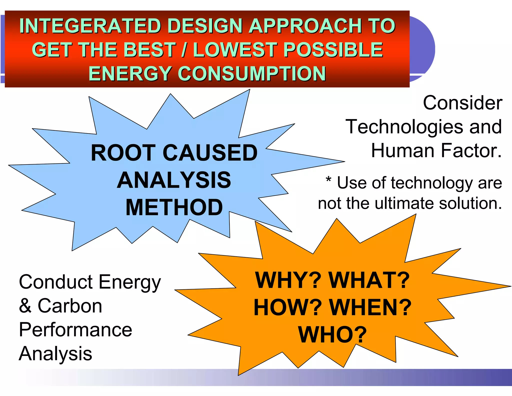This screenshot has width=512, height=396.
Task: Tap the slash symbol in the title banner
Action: [x=184, y=50]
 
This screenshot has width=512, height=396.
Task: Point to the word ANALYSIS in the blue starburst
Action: [x=174, y=180]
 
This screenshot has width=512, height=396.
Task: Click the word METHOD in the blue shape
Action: [x=174, y=207]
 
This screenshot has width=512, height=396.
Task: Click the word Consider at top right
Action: [x=462, y=103]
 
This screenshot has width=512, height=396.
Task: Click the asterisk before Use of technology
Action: [x=328, y=180]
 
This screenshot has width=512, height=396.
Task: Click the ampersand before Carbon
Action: [x=25, y=306]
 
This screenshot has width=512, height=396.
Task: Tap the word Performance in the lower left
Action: [x=75, y=330]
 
